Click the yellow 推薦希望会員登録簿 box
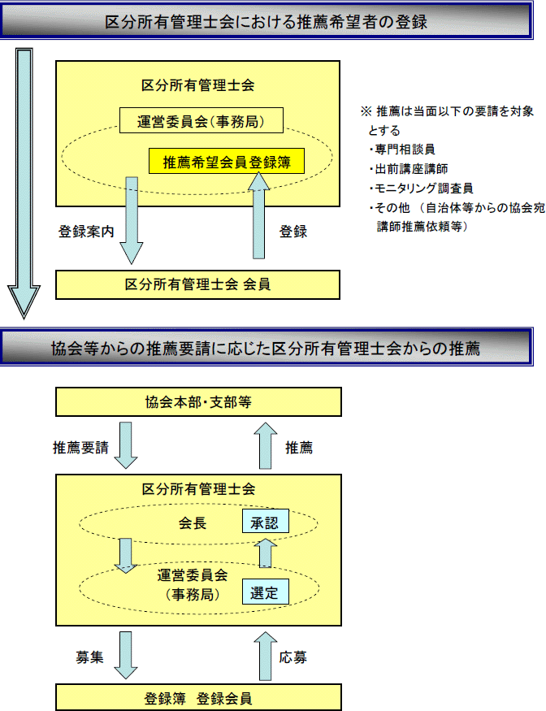tap(227, 161)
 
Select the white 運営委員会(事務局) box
tap(201, 120)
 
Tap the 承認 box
tap(266, 521)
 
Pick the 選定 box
tap(266, 592)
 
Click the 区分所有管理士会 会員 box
tap(197, 284)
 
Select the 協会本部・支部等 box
tap(198, 401)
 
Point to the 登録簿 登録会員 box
tap(198, 697)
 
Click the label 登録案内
tap(86, 232)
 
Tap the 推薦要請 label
tap(80, 448)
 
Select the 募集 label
tap(90, 657)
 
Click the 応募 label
tap(293, 657)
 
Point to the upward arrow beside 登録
tap(259, 216)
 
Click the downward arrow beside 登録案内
tap(132, 220)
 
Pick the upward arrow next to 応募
tap(266, 656)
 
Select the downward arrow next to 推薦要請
tap(126, 445)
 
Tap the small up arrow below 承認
tap(266, 553)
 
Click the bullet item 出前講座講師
tap(409, 169)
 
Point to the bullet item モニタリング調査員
tap(422, 189)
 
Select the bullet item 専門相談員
tap(402, 150)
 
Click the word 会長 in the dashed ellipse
tap(193, 522)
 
